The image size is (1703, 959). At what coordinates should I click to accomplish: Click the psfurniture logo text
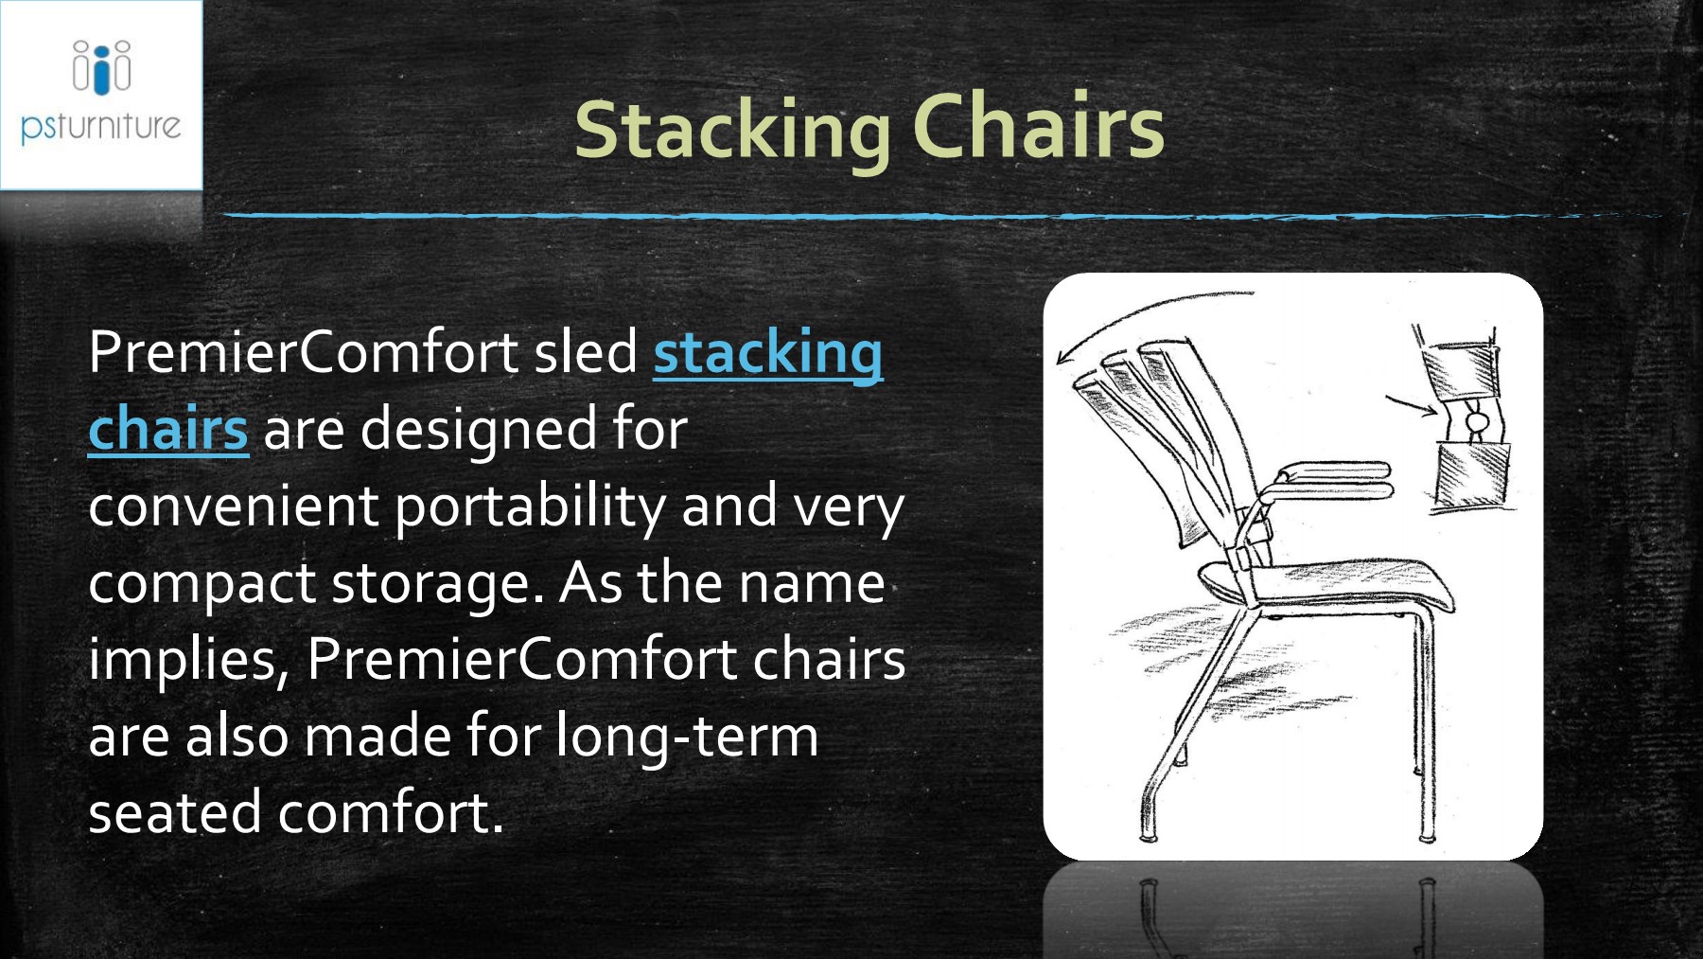100,126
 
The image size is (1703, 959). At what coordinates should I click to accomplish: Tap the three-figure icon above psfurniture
101,67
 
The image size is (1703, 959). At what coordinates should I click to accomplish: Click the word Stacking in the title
731,130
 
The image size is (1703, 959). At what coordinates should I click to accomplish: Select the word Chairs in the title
1038,128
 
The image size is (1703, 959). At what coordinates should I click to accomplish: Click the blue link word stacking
767,353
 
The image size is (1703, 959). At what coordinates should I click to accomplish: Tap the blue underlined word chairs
167,429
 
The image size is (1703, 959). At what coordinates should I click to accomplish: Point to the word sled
586,353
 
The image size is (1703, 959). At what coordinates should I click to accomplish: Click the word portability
530,506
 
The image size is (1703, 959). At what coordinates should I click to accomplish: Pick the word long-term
687,737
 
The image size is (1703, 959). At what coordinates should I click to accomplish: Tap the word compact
202,584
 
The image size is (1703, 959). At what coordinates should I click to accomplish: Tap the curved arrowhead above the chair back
1066,358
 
